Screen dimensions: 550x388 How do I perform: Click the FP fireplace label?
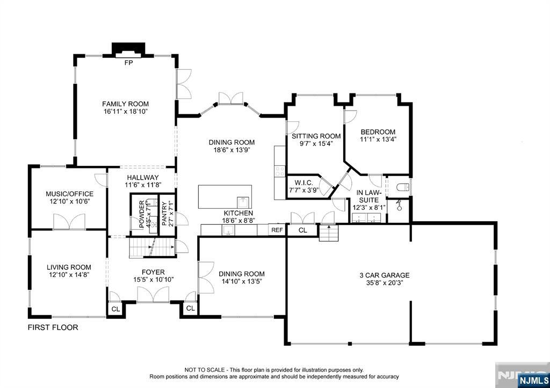point(129,63)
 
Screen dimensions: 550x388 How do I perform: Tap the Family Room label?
point(125,104)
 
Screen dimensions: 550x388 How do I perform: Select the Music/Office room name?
point(69,194)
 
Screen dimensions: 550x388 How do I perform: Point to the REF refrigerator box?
point(277,230)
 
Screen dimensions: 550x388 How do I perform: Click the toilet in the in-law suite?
point(403,187)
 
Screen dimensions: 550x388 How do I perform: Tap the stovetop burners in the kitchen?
point(279,171)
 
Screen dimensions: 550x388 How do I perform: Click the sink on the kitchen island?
point(243,203)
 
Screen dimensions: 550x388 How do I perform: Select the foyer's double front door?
point(153,295)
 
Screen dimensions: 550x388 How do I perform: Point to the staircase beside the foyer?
point(153,247)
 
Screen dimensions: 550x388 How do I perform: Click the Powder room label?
point(142,214)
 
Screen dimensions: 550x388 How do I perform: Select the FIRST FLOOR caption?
point(53,327)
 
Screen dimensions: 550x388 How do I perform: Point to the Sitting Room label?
point(316,136)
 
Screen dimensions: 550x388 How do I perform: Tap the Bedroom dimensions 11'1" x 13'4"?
point(378,140)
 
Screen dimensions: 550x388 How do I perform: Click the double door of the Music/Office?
point(69,222)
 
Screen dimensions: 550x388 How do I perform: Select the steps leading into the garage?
point(329,233)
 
